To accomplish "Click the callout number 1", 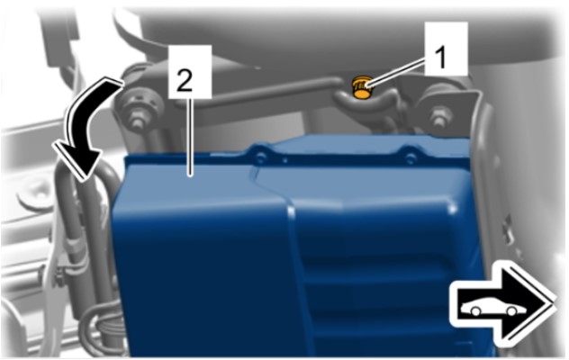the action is click(440, 57).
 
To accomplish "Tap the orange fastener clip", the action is click(361, 87).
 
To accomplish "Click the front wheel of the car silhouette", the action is click(511, 311).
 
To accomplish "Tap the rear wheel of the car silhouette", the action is click(475, 311).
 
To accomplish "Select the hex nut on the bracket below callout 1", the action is click(438, 117).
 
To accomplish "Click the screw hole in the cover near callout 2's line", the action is click(261, 157).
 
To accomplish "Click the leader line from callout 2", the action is click(188, 137).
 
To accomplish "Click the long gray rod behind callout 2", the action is click(254, 92).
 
